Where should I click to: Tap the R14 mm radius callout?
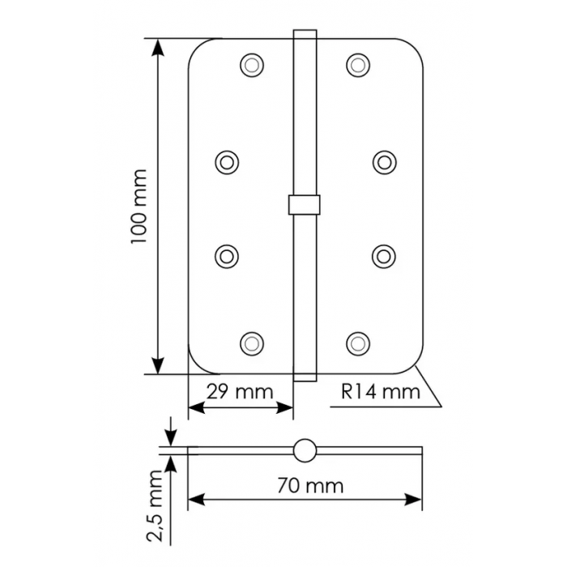(x=381, y=393)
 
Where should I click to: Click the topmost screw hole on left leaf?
(x=253, y=64)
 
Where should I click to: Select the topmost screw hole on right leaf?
(x=358, y=64)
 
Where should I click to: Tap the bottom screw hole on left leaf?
(x=253, y=343)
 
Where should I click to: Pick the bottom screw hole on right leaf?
(x=358, y=343)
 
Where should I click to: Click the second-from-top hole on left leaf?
(x=228, y=161)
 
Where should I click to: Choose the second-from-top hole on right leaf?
(x=383, y=161)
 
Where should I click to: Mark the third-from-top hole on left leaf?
(x=228, y=254)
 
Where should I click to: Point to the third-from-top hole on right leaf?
(x=383, y=254)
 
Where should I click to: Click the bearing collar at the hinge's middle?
(x=304, y=203)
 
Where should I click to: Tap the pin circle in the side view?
(x=305, y=451)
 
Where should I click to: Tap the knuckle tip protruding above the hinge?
(x=304, y=34)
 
